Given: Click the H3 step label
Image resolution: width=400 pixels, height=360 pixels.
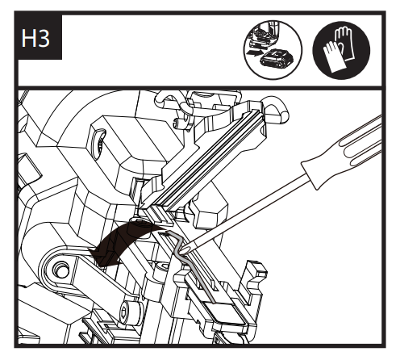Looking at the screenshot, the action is point(35,38).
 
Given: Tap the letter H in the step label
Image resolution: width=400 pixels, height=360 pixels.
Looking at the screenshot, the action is point(28,38).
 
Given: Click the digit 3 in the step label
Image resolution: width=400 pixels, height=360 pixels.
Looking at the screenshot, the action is point(44,38).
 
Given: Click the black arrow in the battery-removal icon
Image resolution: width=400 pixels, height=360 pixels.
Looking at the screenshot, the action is point(254,52).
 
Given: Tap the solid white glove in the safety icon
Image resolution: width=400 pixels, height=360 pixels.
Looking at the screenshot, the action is point(333,57).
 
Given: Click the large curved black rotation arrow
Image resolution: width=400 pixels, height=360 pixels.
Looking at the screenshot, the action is point(123,245).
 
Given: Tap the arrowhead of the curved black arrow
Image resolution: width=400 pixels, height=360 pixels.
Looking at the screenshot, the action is point(103,257).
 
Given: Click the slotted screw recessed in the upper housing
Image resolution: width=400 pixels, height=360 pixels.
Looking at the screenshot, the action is point(98,143).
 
